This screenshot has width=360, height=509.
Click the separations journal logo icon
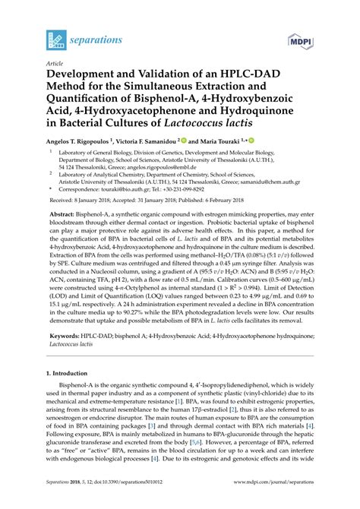(56, 38)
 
